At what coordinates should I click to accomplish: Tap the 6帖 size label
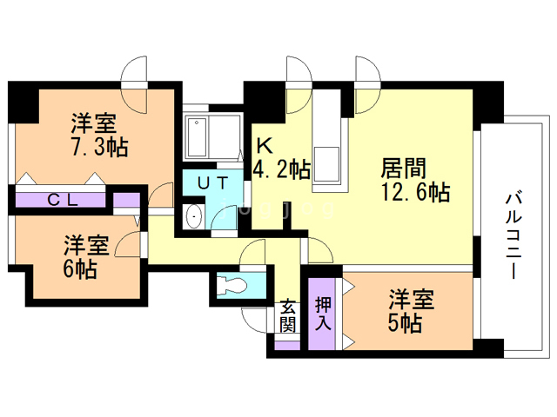click(x=79, y=268)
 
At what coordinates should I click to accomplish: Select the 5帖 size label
click(x=405, y=324)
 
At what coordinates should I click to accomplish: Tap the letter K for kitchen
click(x=261, y=144)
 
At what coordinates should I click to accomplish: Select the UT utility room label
click(x=211, y=183)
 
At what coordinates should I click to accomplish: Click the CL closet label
click(x=63, y=200)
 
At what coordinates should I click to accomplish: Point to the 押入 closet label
click(x=323, y=314)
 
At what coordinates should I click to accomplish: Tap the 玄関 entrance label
click(x=288, y=317)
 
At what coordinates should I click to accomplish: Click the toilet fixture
click(x=232, y=285)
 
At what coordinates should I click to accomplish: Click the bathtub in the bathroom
click(x=198, y=136)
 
